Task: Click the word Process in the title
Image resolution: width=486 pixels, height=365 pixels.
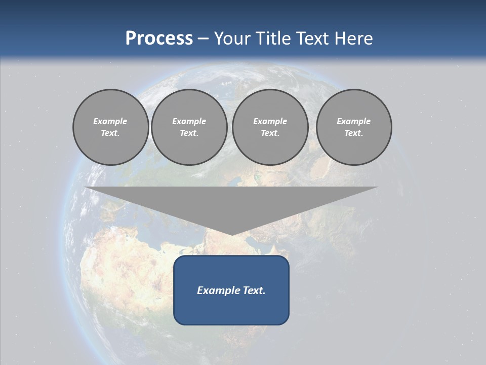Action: pyautogui.click(x=159, y=39)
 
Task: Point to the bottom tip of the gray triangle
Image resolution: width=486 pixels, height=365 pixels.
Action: pyautogui.click(x=231, y=234)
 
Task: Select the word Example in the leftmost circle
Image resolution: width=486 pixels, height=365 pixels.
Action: pyautogui.click(x=110, y=121)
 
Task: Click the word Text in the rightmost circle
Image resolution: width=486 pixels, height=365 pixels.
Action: pyautogui.click(x=354, y=133)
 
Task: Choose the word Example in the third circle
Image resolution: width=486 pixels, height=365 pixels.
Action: pyautogui.click(x=270, y=121)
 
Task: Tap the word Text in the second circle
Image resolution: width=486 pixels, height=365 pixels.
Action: pyautogui.click(x=189, y=133)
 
